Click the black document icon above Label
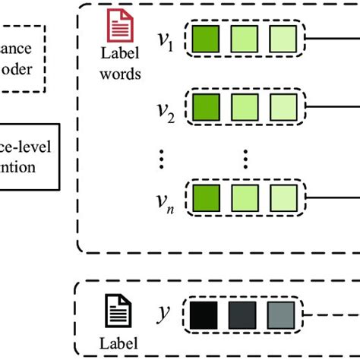click(114, 312)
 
